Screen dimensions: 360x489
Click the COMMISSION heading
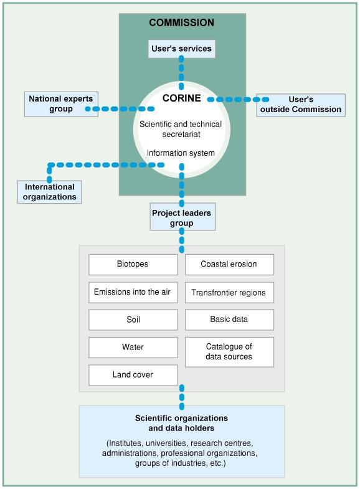pos(181,22)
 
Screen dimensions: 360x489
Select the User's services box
pos(181,49)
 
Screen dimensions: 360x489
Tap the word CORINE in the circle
pos(182,98)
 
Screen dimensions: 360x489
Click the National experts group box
pos(61,104)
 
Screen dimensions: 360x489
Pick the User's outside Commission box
pos(301,105)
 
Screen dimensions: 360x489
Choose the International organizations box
pos(50,192)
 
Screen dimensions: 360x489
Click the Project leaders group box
pos(182,217)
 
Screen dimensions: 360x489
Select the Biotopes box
pos(133,265)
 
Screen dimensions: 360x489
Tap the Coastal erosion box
pos(229,265)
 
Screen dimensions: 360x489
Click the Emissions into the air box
pos(133,292)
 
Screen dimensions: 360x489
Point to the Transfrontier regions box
pos(229,292)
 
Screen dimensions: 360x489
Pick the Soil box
pos(133,320)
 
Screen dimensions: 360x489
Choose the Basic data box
pos(229,320)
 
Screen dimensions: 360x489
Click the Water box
pos(133,348)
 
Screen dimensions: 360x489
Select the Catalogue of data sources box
pos(229,352)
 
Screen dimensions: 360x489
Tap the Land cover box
pos(133,375)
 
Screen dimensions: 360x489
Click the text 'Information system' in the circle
pos(181,153)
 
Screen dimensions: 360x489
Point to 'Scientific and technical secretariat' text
pos(181,129)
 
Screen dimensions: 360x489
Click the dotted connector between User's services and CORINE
pos(181,73)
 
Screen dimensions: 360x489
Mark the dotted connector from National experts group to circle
pos(120,109)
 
